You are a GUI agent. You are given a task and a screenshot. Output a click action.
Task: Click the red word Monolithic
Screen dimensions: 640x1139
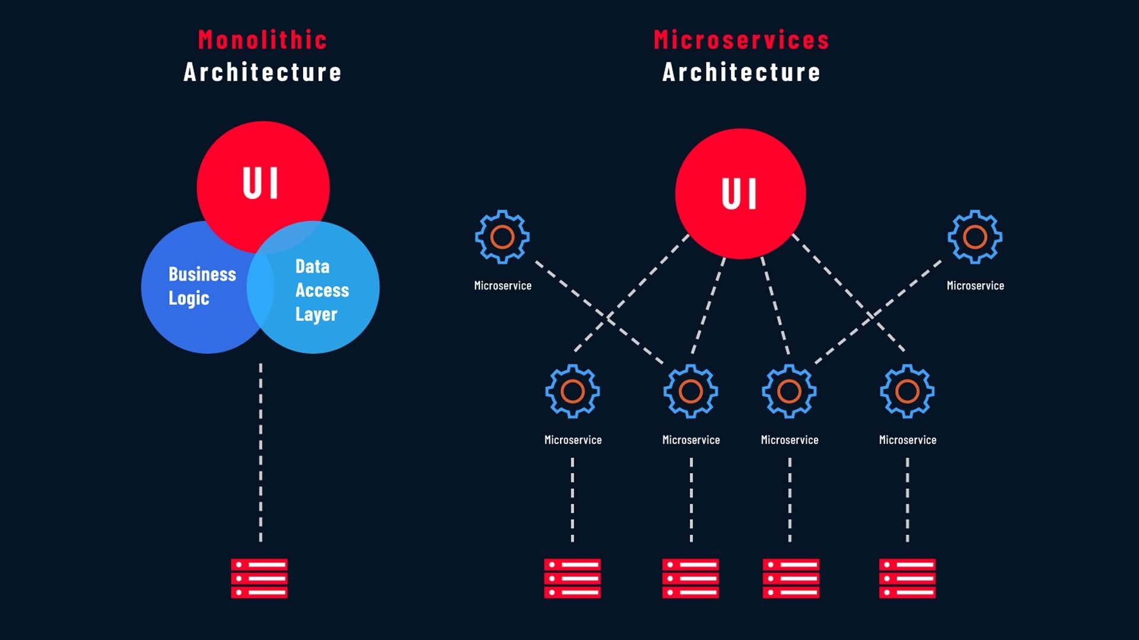coord(262,40)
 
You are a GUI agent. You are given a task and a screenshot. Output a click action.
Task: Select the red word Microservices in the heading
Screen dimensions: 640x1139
coord(741,40)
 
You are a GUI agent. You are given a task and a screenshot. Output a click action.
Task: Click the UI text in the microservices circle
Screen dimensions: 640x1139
coord(740,194)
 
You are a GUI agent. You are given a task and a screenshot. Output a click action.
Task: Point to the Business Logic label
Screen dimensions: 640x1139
coord(202,286)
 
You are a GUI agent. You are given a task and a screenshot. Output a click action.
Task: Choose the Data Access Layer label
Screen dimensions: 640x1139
coord(322,290)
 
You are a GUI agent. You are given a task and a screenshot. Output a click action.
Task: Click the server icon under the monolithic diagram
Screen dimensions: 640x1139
coord(259,578)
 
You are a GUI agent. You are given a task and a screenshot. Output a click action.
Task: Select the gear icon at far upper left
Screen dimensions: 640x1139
coord(502,237)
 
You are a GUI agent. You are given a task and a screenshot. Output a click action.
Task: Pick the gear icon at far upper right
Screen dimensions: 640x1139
coord(975,237)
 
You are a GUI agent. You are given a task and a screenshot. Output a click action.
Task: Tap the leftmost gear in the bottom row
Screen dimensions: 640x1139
coord(572,391)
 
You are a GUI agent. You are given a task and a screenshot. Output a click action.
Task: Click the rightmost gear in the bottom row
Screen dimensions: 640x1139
coord(907,391)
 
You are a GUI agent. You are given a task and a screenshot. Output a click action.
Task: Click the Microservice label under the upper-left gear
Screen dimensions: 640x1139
coord(502,286)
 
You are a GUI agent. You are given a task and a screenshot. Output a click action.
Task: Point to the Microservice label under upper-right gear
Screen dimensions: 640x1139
coord(975,286)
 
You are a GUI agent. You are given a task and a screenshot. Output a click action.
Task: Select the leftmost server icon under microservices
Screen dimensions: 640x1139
coord(572,578)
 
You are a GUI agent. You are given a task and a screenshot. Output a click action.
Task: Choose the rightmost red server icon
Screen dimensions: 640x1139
coord(907,578)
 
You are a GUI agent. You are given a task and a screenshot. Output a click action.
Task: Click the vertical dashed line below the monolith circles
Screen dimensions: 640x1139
coord(260,450)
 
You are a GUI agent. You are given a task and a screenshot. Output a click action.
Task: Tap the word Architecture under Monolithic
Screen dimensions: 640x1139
coord(262,72)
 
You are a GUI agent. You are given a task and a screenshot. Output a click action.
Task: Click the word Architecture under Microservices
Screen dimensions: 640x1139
coord(741,72)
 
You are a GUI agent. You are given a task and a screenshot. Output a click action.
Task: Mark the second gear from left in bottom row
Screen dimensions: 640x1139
coord(691,391)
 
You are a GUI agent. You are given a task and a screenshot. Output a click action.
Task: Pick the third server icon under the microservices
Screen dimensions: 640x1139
coord(790,578)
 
